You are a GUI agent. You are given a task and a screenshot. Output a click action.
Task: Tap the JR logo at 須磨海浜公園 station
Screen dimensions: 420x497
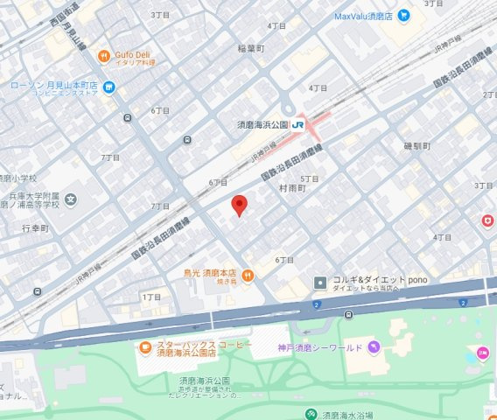coord(297,125)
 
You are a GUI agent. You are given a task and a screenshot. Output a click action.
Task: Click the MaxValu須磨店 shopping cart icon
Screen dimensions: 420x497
coord(403,16)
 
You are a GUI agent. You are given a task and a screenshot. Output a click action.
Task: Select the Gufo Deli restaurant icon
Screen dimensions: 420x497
coord(103,54)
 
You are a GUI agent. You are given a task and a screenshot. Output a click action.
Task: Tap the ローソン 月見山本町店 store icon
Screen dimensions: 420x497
coord(108,86)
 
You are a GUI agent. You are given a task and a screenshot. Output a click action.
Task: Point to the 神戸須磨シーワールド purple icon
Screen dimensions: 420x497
coord(374,346)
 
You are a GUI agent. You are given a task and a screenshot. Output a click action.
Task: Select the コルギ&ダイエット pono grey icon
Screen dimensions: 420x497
coord(320,283)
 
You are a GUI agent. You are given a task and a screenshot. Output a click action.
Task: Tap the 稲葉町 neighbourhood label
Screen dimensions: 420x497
coord(252,49)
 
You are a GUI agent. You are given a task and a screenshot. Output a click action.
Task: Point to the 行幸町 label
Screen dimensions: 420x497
coord(36,227)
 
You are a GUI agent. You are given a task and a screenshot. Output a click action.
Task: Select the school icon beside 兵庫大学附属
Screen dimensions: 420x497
coord(70,199)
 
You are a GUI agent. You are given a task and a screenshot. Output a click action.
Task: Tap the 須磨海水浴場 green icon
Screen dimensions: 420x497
coord(310,414)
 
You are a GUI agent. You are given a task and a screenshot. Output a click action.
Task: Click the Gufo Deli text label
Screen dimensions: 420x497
coord(134,54)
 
